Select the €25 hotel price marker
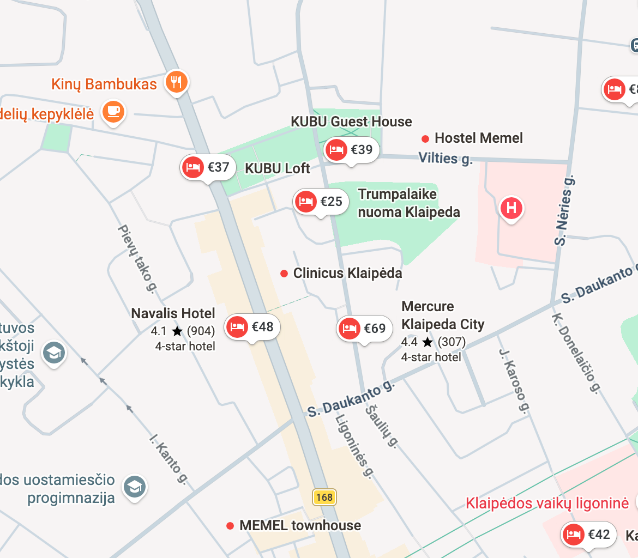point(321,202)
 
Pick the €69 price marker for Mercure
point(365,329)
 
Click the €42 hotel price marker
point(589,535)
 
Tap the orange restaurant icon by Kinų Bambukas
point(176,82)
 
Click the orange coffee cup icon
point(113,112)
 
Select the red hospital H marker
point(511,208)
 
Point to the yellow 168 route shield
point(324,497)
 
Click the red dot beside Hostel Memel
point(425,138)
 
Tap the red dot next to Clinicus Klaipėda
point(284,274)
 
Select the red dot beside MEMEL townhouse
point(230,526)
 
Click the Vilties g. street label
point(445,159)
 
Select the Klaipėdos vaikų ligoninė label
point(547,503)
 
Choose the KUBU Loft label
point(278,169)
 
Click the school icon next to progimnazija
point(135,487)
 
